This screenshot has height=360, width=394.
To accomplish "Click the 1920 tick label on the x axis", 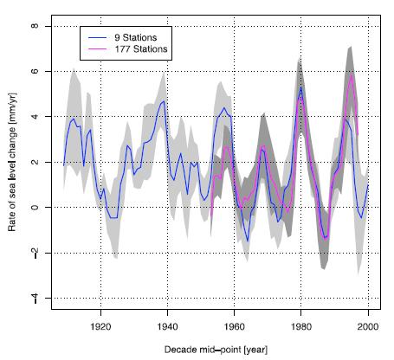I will click(100, 328).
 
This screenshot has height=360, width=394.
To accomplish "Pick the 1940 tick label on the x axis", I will click(167, 328).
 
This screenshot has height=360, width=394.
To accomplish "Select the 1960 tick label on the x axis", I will click(234, 328).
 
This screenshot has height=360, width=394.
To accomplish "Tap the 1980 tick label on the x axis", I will click(300, 328).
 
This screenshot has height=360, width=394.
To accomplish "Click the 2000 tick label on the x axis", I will click(368, 328).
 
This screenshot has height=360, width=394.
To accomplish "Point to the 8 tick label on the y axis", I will click(35, 26).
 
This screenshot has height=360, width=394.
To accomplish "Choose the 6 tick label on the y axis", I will click(35, 71).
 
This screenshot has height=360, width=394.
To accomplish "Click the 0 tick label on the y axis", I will click(35, 208).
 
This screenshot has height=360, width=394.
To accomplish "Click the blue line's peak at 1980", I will click(300, 87).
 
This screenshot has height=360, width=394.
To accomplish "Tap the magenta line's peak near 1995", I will click(351, 76).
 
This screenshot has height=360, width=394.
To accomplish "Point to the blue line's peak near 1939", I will click(164, 101).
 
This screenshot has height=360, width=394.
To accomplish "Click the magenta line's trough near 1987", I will click(326, 237).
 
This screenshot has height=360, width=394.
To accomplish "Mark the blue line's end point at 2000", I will click(368, 184).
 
